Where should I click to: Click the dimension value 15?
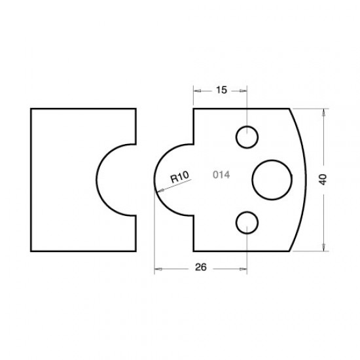click(221, 90)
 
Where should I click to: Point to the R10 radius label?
click(179, 177)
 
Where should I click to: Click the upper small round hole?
click(247, 137)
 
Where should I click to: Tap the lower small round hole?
click(247, 221)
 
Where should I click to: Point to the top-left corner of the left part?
click(31, 109)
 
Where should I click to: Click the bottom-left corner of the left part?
click(31, 250)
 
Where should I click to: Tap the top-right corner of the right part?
click(290, 109)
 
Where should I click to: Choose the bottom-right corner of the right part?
click(290, 250)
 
